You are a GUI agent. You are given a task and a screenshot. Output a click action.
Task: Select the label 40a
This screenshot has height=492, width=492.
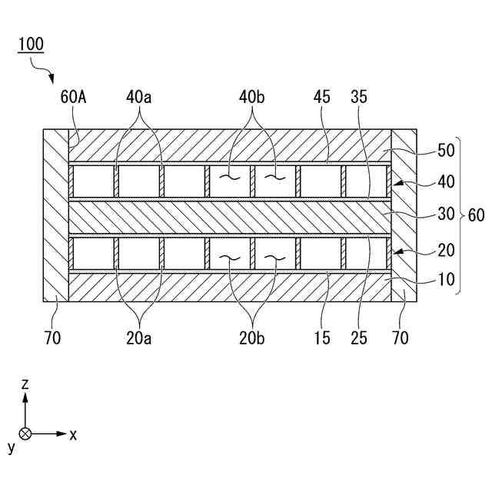[x=139, y=98]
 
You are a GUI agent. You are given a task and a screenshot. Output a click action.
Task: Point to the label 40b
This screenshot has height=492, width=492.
[x=253, y=98]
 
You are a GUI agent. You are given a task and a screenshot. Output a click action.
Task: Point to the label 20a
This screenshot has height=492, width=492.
[x=139, y=337]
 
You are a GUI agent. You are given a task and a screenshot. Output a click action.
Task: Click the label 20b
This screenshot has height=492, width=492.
[x=253, y=337]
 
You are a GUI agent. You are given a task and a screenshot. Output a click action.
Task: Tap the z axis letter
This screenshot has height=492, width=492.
[x=25, y=383]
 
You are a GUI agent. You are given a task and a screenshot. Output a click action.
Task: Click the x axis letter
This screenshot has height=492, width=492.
[x=73, y=435]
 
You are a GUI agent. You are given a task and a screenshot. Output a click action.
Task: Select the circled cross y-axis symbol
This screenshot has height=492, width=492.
[x=25, y=434]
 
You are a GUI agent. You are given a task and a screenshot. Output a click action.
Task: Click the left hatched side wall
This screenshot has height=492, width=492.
[x=55, y=215]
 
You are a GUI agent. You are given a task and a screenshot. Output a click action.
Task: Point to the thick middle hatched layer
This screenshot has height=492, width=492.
[x=231, y=216]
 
